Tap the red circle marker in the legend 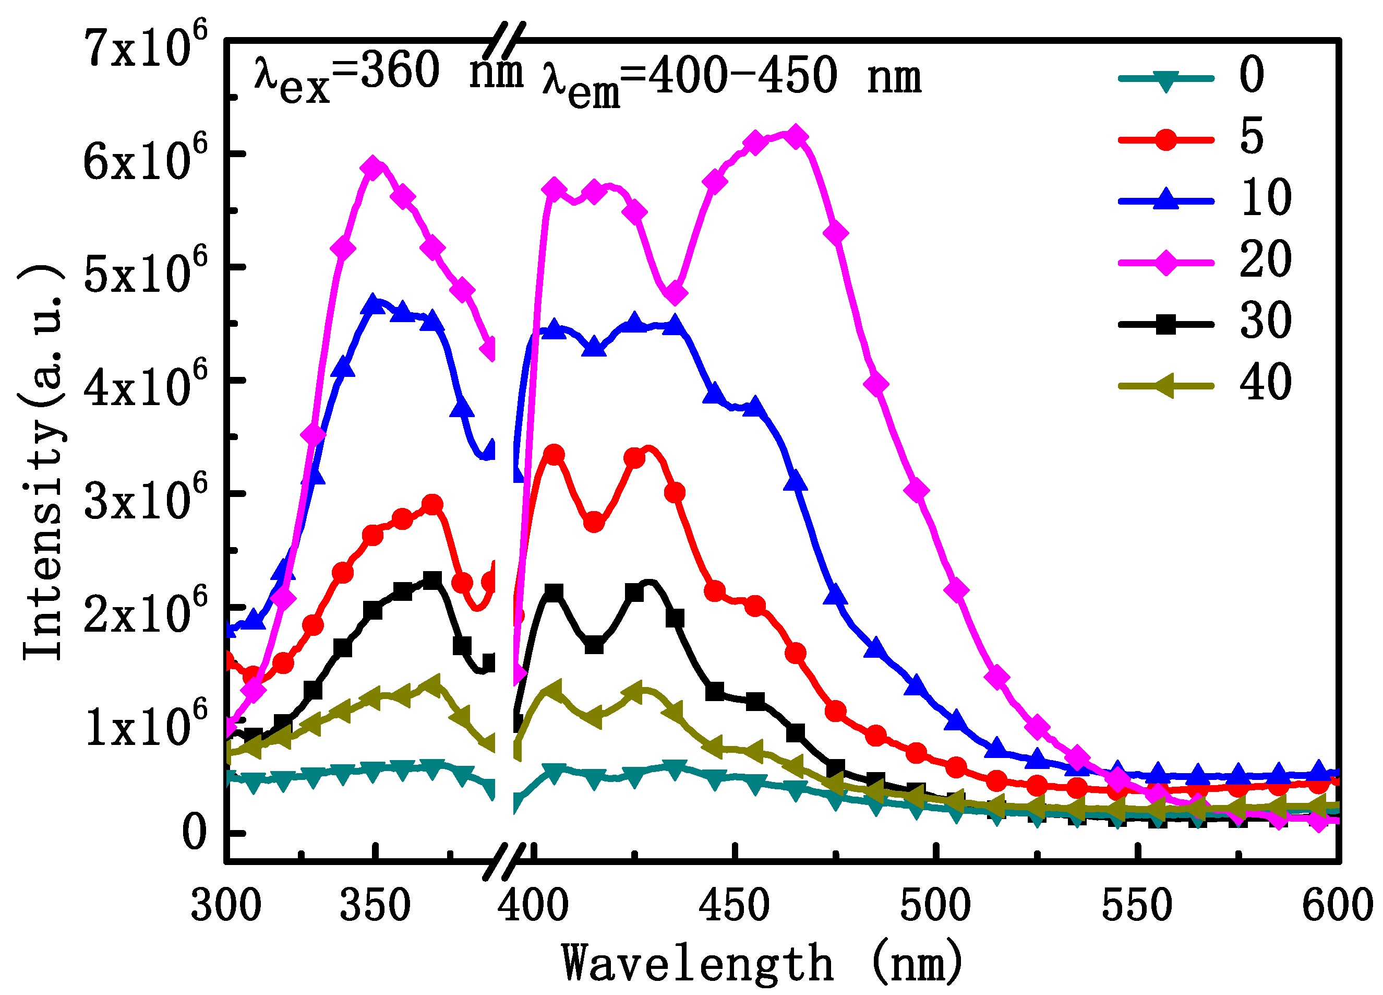(x=1165, y=139)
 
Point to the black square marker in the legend (x=1165, y=324)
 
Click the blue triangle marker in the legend (x=1165, y=199)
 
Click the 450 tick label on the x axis (x=734, y=906)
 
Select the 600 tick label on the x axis (x=1337, y=906)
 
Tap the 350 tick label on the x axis (x=375, y=906)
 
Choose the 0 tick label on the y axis (x=194, y=833)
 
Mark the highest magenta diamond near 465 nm (x=795, y=137)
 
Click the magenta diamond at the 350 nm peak (x=375, y=168)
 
